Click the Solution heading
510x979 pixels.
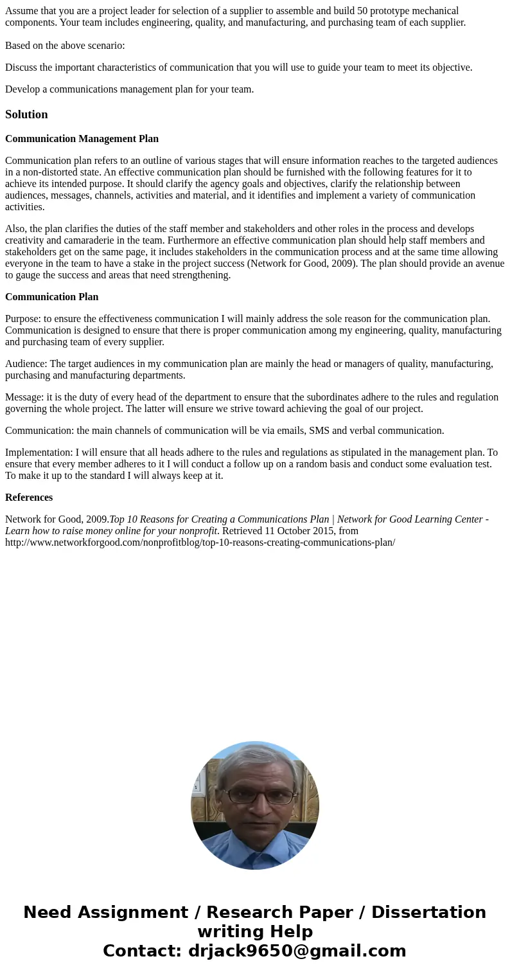tap(26, 114)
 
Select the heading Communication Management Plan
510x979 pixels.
tap(82, 139)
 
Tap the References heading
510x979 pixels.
tap(29, 498)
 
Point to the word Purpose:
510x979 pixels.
tap(23, 319)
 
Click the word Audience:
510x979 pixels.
tap(26, 364)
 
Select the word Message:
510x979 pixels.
tap(24, 397)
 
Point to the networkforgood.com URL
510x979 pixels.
tap(200, 543)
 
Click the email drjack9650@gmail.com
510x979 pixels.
tap(297, 951)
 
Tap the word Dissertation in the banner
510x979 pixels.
tap(428, 913)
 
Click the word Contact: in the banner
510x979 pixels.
tap(143, 951)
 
